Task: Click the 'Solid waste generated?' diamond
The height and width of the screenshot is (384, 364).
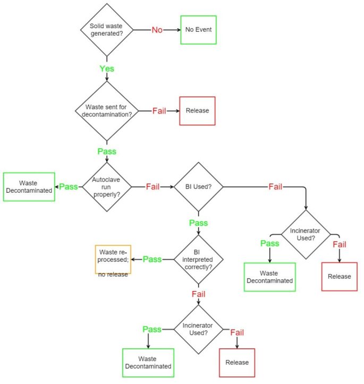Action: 107,30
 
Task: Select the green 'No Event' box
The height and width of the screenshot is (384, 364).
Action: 198,30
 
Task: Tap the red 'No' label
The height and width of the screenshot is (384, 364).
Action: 157,30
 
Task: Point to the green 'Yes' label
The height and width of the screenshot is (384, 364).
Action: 107,69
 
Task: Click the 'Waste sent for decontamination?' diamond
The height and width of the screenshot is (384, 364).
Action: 107,111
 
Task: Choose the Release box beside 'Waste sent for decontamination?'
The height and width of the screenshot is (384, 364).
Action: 197,111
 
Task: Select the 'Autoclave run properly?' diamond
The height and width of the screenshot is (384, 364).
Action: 107,187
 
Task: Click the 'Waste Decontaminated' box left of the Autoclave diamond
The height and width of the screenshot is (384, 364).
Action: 29,187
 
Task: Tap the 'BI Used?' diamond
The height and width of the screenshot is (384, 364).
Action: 198,187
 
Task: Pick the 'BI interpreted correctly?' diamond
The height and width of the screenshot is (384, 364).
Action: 198,259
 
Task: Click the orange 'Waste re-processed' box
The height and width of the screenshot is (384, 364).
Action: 113,259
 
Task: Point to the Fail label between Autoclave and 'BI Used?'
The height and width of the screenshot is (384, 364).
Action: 153,187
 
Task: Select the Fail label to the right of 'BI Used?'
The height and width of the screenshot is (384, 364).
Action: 275,187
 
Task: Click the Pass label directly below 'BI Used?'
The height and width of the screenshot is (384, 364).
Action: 198,223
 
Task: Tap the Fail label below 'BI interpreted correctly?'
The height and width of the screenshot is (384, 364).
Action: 198,294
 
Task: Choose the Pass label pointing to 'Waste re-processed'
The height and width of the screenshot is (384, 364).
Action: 152,259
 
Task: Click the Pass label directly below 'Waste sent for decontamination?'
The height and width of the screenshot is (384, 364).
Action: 107,151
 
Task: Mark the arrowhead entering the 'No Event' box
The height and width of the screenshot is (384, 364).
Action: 179,30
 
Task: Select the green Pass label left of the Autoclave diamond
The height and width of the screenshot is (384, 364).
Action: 69,187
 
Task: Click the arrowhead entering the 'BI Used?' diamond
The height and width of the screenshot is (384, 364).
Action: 172,187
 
